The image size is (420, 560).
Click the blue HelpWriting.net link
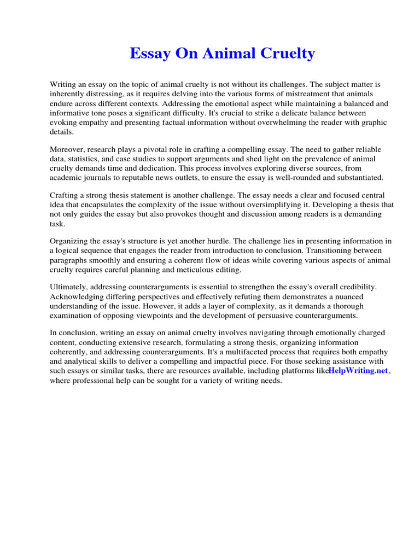click(358, 371)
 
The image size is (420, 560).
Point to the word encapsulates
click(98, 205)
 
